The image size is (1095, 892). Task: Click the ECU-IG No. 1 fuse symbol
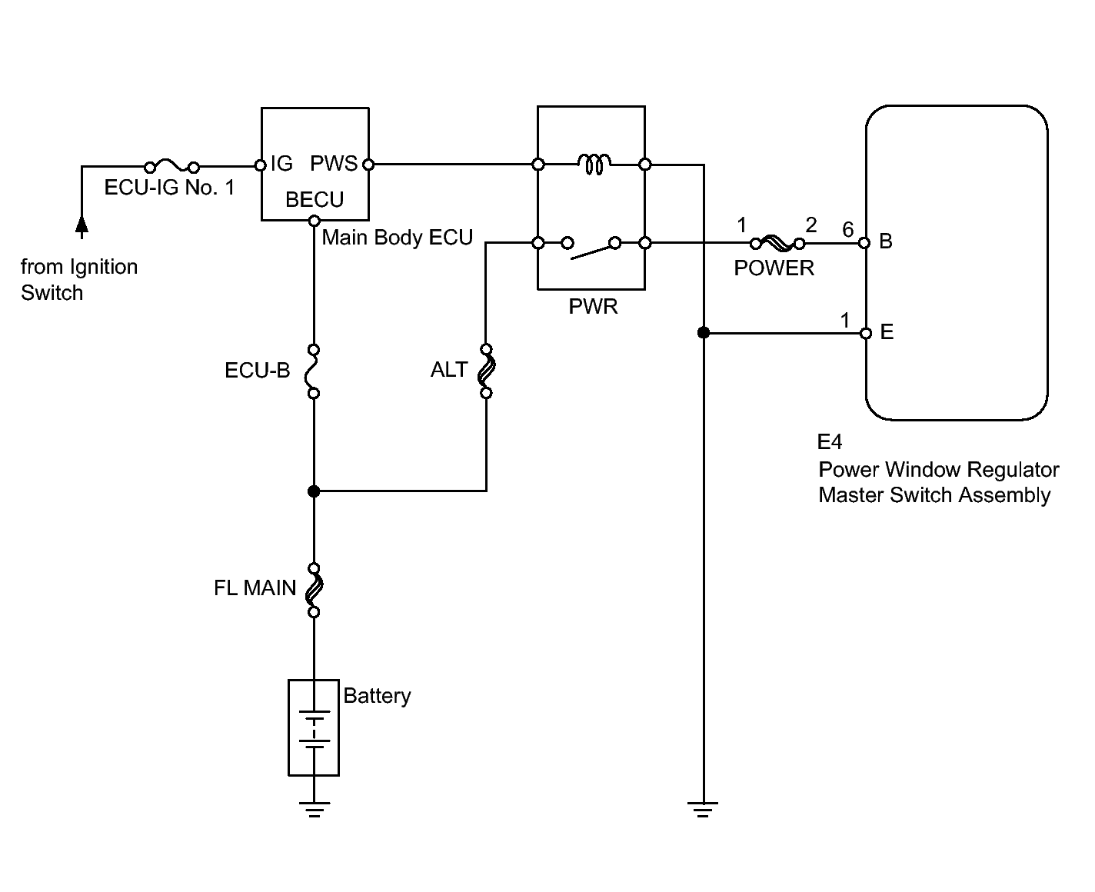[171, 165]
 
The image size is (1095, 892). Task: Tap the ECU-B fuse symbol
[312, 371]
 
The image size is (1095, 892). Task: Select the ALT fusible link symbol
[486, 371]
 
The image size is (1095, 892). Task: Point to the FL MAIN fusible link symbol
[314, 590]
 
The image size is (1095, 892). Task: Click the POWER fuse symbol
[777, 243]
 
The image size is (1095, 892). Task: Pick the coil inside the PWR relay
[594, 164]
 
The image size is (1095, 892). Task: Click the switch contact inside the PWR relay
[591, 248]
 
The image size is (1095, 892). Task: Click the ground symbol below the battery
[314, 809]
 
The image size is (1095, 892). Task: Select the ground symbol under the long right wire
[703, 809]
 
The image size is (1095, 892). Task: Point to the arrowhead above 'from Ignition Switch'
[82, 225]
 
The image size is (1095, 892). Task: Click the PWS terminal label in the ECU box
[334, 164]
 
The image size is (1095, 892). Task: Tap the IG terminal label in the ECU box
[281, 164]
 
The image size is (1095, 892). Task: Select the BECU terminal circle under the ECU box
[314, 221]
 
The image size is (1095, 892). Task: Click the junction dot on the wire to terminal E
[704, 333]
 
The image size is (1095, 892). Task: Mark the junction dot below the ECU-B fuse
[314, 491]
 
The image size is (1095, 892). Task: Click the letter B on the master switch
[886, 241]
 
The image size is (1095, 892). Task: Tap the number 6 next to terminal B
[847, 229]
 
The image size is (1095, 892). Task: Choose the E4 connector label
[830, 442]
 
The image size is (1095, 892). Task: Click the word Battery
[377, 697]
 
